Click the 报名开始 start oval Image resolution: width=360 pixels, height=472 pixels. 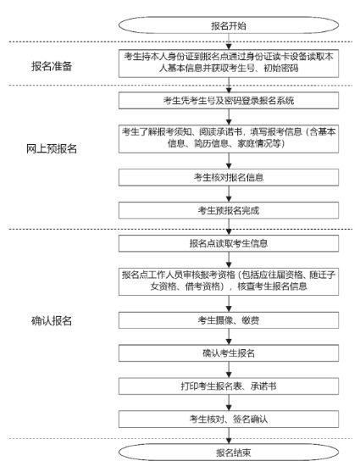pyautogui.click(x=229, y=25)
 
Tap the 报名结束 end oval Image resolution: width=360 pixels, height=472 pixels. pyautogui.click(x=229, y=453)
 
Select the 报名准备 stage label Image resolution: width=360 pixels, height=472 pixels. pyautogui.click(x=52, y=66)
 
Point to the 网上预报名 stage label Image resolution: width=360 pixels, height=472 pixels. pyautogui.click(x=52, y=148)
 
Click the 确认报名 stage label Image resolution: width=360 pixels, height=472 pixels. pyautogui.click(x=52, y=321)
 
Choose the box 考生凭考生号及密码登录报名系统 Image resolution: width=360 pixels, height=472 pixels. pyautogui.click(x=229, y=101)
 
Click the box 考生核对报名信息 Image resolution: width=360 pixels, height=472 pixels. pyautogui.click(x=229, y=177)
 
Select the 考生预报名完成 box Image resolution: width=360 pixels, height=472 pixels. pyautogui.click(x=229, y=210)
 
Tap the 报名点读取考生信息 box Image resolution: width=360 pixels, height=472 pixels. pyautogui.click(x=229, y=243)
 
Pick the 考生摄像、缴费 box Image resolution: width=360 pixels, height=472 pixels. pyautogui.click(x=229, y=320)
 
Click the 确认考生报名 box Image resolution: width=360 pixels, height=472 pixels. pyautogui.click(x=229, y=353)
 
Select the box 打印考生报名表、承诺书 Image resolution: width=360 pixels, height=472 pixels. pyautogui.click(x=229, y=386)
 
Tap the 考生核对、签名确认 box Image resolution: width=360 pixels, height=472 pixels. pyautogui.click(x=229, y=419)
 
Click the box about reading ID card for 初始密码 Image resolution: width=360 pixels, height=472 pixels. pyautogui.click(x=229, y=64)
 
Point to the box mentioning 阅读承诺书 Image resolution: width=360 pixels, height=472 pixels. pyautogui.click(x=229, y=139)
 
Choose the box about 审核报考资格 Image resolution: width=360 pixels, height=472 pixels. pyautogui.click(x=229, y=281)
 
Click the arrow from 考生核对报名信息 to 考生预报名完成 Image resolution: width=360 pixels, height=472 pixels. pyautogui.click(x=229, y=193)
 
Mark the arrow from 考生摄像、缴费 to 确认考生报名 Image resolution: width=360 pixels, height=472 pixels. pyautogui.click(x=229, y=336)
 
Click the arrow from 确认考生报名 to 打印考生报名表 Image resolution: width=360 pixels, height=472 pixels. pyautogui.click(x=229, y=369)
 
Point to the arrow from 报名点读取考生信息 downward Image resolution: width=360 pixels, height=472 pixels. pyautogui.click(x=229, y=259)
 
